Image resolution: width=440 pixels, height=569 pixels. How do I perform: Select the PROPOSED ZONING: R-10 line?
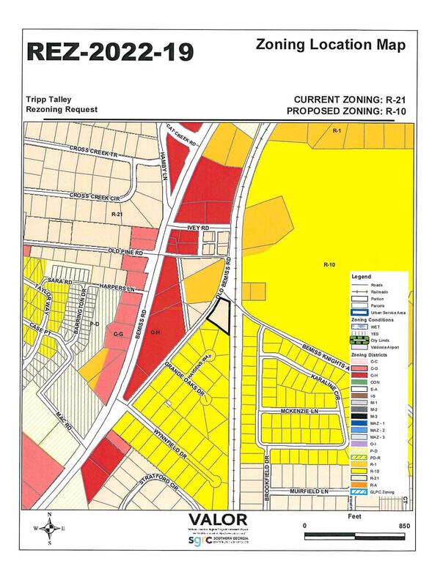tap(346, 111)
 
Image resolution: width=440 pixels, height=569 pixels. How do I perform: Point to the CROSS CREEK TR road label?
tap(94, 152)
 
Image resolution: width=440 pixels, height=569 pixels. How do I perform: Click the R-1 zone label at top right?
tap(337, 130)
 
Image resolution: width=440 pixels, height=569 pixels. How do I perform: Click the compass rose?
tap(49, 527)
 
